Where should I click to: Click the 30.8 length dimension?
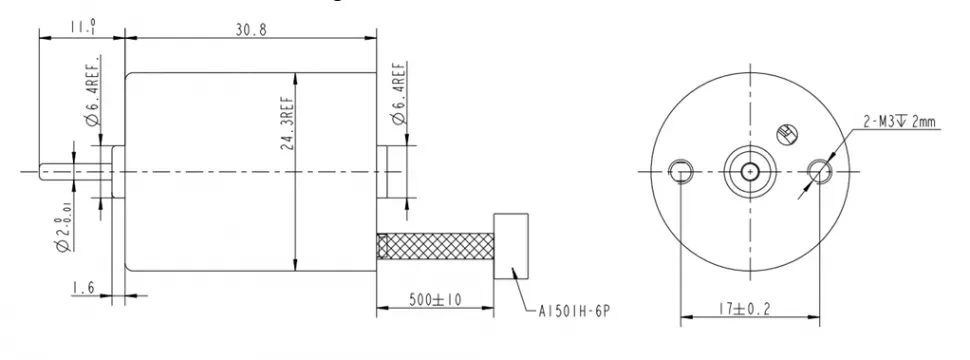(249, 30)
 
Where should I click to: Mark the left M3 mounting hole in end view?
(680, 170)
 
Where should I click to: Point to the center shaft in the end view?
(749, 171)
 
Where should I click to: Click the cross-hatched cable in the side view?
(436, 246)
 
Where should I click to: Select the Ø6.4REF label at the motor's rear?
(397, 95)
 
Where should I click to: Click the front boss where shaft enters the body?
(118, 172)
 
